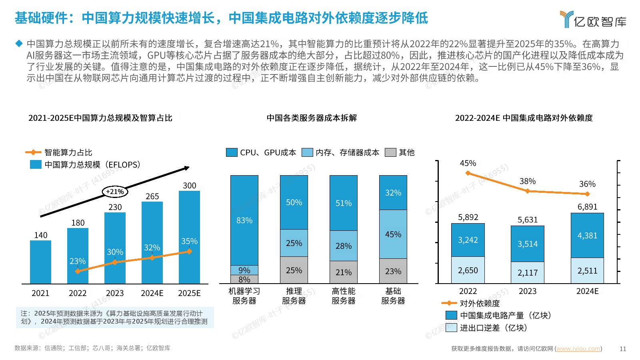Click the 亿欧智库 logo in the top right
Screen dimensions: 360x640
(x=593, y=20)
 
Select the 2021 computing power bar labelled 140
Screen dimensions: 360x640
(x=40, y=262)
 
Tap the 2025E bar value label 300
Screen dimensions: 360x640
(x=189, y=186)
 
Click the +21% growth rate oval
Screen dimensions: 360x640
(x=115, y=192)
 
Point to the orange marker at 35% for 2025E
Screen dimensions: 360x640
(x=189, y=252)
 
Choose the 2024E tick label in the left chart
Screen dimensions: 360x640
(x=152, y=293)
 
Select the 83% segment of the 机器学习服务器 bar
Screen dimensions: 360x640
(x=244, y=220)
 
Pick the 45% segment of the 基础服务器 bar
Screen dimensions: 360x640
(x=393, y=234)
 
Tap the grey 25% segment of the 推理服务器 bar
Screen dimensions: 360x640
(x=294, y=270)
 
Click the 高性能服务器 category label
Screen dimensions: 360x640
(x=343, y=296)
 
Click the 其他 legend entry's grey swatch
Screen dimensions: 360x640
(x=390, y=152)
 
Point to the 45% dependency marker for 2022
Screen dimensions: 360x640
(x=468, y=173)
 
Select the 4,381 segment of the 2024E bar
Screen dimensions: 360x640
(x=587, y=236)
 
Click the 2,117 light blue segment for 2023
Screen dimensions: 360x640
(x=528, y=272)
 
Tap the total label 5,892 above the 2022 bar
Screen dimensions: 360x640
(x=468, y=217)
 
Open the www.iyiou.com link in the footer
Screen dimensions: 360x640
(x=578, y=349)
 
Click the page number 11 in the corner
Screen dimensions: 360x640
(x=623, y=349)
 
